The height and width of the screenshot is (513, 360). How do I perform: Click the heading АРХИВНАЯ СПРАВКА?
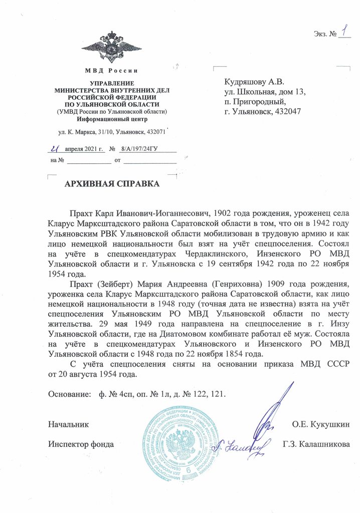tap(112, 184)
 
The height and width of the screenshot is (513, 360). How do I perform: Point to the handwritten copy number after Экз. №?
tap(344, 32)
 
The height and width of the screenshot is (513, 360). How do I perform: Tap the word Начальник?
tap(69, 425)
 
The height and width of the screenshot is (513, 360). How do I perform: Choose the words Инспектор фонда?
tap(81, 444)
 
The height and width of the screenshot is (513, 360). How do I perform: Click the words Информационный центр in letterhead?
tap(112, 119)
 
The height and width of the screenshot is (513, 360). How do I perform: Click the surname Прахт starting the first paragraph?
tap(82, 205)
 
